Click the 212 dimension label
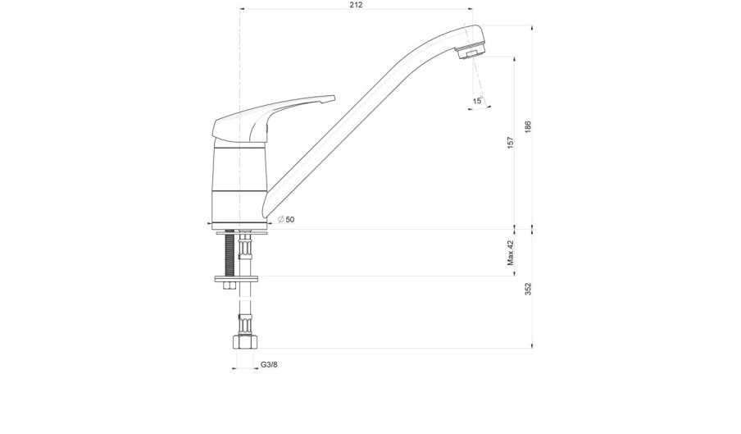pos(357,5)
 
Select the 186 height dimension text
pos(528,126)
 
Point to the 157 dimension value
pos(510,143)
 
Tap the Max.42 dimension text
pos(510,253)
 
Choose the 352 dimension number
pos(528,289)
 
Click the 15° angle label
pos(478,101)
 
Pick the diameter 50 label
pos(286,219)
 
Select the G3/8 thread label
pos(269,364)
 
